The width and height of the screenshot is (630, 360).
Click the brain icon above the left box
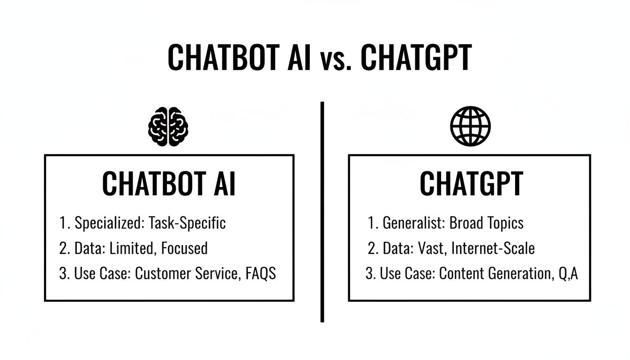point(168,127)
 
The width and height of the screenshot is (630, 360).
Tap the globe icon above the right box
point(470,126)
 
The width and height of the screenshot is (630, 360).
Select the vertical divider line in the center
point(322,211)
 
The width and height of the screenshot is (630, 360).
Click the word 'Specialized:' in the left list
point(108,224)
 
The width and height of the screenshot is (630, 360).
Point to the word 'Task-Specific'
point(187,224)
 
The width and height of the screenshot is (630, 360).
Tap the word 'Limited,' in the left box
point(131,248)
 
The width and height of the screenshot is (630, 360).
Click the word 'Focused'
point(184,248)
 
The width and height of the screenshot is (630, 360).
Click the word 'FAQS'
point(261,273)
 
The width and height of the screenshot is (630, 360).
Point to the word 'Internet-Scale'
point(493,248)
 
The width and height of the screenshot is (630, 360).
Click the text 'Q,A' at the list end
point(568,273)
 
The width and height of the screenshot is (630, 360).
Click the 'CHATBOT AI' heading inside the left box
point(169,184)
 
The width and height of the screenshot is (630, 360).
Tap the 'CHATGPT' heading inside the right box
point(471,184)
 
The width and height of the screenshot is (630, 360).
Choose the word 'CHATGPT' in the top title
point(416,59)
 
